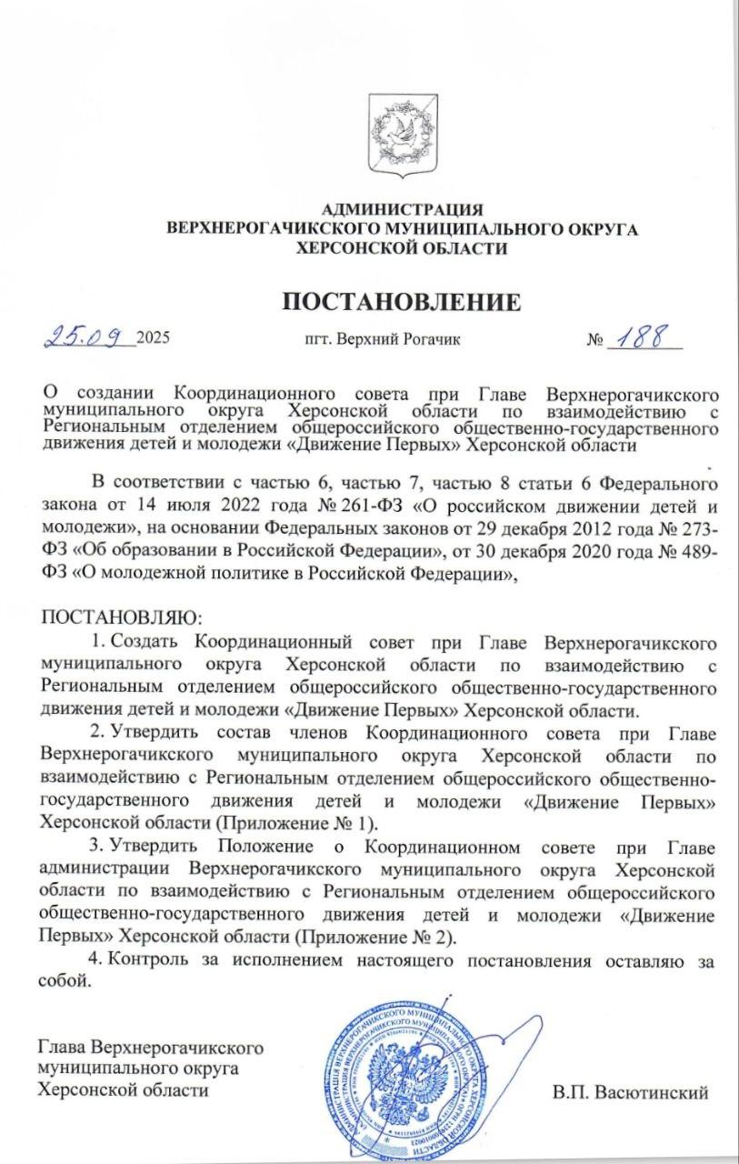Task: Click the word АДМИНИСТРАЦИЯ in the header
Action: pyautogui.click(x=403, y=211)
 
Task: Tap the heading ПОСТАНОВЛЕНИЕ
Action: pyautogui.click(x=402, y=302)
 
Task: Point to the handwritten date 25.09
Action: pyautogui.click(x=88, y=337)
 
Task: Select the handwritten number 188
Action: pyautogui.click(x=648, y=339)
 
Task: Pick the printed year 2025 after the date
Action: pyautogui.click(x=153, y=340)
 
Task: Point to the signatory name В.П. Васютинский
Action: pyautogui.click(x=629, y=1092)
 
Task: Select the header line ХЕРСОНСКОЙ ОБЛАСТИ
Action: pyautogui.click(x=402, y=248)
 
